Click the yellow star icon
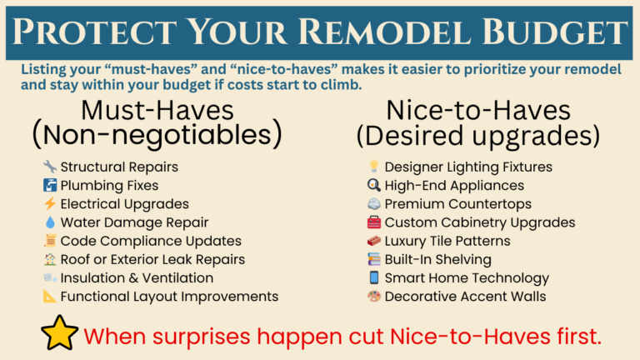pyautogui.click(x=59, y=335)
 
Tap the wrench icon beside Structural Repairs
pyautogui.click(x=49, y=167)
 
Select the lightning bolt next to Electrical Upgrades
pyautogui.click(x=49, y=204)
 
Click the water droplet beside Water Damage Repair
pyautogui.click(x=49, y=222)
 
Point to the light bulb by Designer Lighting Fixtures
pyautogui.click(x=374, y=167)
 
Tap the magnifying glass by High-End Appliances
pyautogui.click(x=374, y=185)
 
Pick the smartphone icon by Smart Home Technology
pyautogui.click(x=374, y=277)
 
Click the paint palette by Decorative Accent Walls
pyautogui.click(x=374, y=296)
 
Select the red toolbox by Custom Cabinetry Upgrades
pyautogui.click(x=374, y=222)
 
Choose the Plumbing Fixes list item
pyautogui.click(x=109, y=185)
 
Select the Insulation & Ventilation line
pyautogui.click(x=137, y=277)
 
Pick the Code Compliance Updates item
pyautogui.click(x=151, y=241)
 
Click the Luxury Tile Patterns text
pyautogui.click(x=447, y=241)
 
